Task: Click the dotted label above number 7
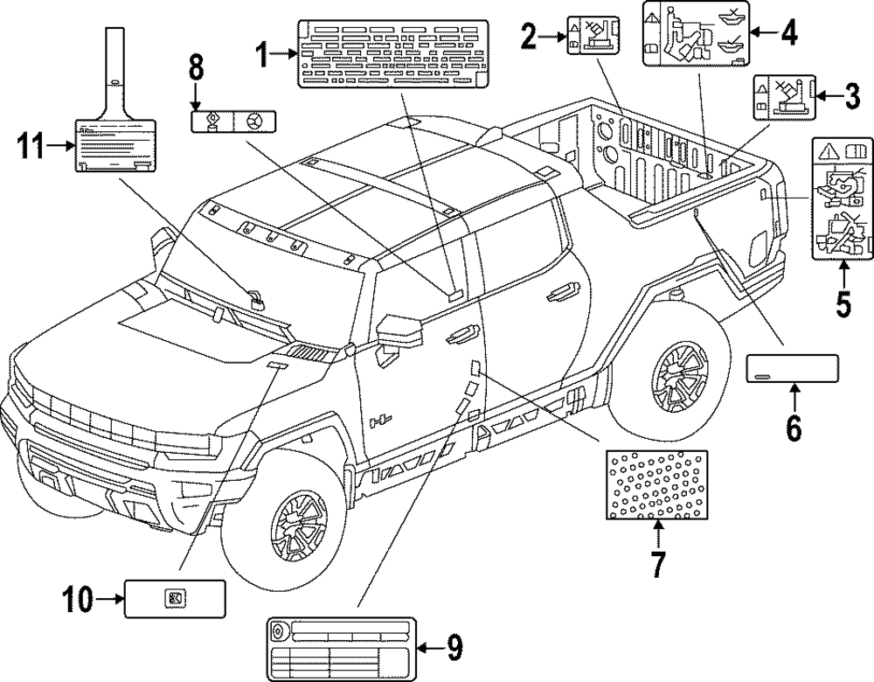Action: [x=657, y=484]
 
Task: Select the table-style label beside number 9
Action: [x=341, y=646]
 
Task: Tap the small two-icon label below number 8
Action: [x=232, y=121]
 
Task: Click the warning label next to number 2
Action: [x=588, y=36]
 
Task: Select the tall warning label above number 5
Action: [x=843, y=200]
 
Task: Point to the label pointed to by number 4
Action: [x=695, y=34]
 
